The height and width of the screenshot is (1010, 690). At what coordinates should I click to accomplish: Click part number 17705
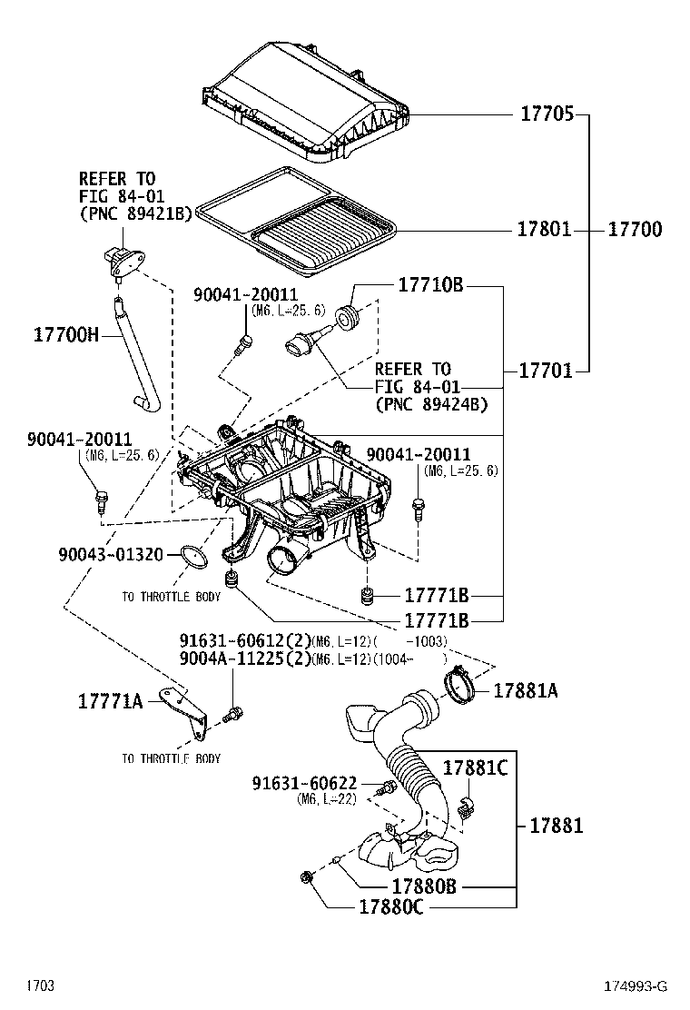click(547, 115)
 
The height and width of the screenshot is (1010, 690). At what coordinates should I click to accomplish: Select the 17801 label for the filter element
click(544, 230)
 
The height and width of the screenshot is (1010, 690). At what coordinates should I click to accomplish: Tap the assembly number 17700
click(634, 230)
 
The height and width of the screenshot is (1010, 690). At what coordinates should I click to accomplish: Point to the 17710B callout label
click(430, 286)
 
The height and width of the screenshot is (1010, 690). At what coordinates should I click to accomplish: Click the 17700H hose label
click(65, 335)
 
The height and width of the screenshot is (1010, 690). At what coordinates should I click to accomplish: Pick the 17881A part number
click(525, 691)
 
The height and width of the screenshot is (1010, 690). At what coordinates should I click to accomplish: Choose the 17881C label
click(474, 768)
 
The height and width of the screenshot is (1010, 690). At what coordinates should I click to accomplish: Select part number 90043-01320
click(111, 554)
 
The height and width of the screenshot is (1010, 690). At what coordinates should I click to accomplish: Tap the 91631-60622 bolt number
click(304, 783)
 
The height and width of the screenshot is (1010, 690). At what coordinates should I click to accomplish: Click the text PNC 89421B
click(135, 213)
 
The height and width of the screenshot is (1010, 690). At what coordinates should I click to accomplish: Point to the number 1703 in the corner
click(40, 985)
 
